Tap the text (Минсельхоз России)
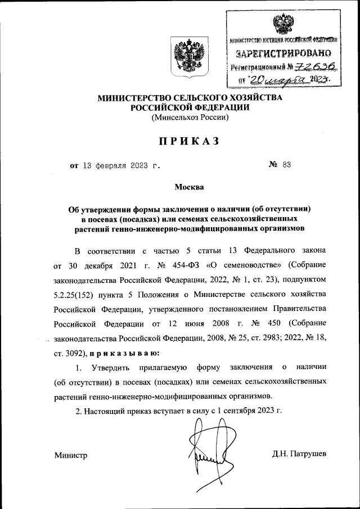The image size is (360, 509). [190, 118]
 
